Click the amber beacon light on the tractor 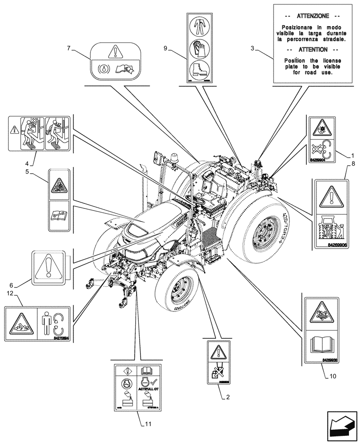coord(172,158)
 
